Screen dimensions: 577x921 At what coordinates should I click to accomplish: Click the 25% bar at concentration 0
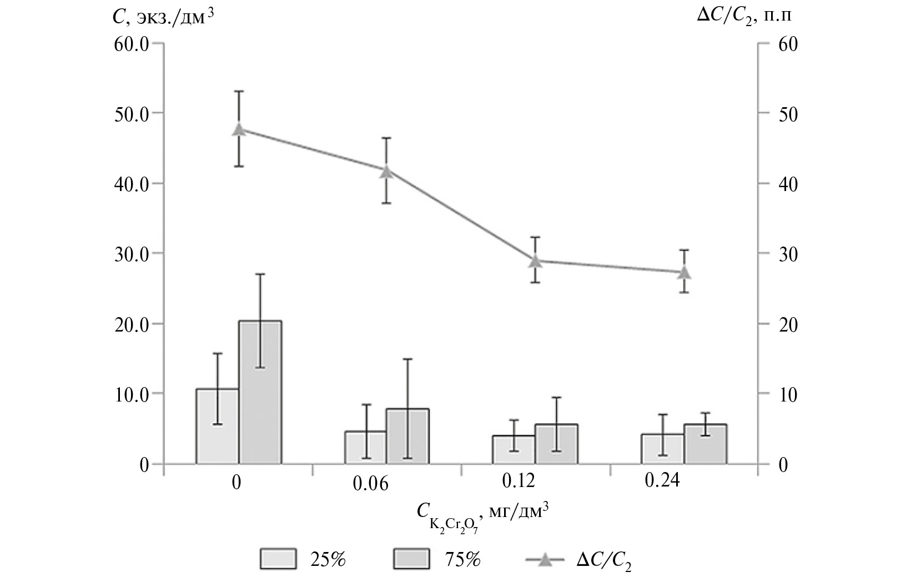pyautogui.click(x=218, y=426)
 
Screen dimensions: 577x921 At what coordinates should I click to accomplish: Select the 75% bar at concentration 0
pyautogui.click(x=260, y=392)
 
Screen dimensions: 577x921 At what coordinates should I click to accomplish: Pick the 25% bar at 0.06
pyautogui.click(x=366, y=447)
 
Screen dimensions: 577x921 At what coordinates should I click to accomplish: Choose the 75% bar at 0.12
pyautogui.click(x=556, y=444)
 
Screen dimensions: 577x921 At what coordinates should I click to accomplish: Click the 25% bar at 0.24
pyautogui.click(x=662, y=449)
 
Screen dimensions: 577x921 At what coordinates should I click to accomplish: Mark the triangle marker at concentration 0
pyautogui.click(x=239, y=129)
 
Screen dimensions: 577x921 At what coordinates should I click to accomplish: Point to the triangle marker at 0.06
pyautogui.click(x=387, y=172)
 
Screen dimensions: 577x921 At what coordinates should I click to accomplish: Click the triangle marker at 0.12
pyautogui.click(x=535, y=261)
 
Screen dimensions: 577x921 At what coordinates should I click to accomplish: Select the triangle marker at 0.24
pyautogui.click(x=684, y=272)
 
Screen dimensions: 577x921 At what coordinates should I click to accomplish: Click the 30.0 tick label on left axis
pyautogui.click(x=132, y=254)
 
